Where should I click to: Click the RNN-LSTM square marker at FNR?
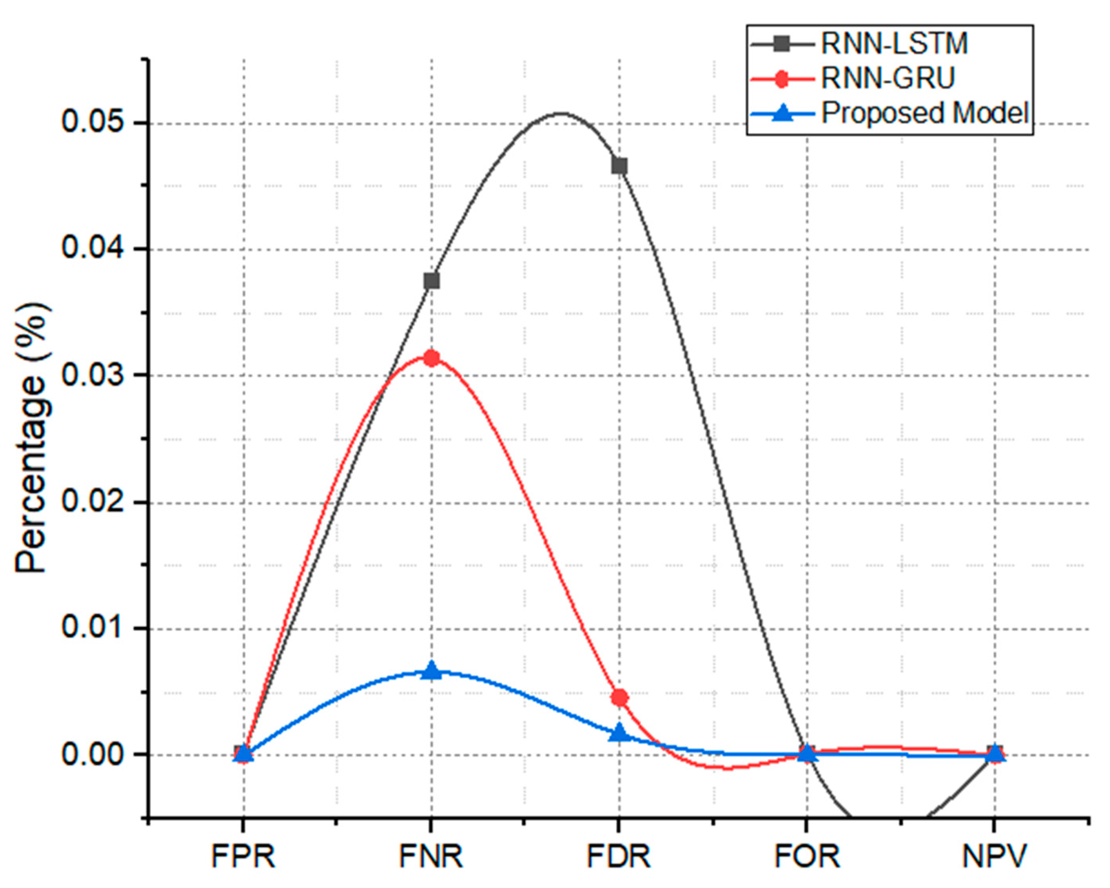click(x=431, y=281)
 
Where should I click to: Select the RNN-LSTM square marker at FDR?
click(x=619, y=166)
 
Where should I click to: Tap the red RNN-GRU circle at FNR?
click(x=431, y=358)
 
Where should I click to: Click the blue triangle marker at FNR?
click(x=431, y=671)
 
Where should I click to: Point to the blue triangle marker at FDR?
click(x=619, y=733)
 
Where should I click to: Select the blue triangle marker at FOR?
click(x=807, y=754)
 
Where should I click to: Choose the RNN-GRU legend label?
click(x=888, y=78)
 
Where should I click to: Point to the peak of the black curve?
click(x=561, y=113)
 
